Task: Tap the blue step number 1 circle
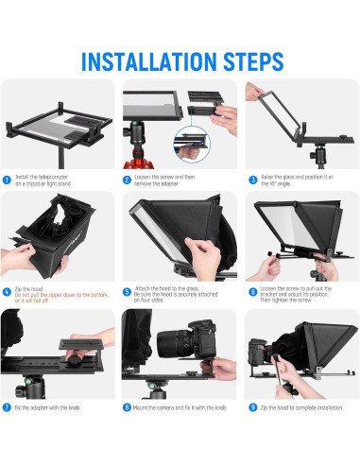pyautogui.click(x=8, y=179)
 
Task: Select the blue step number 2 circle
pyautogui.click(x=128, y=179)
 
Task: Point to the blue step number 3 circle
pyautogui.click(x=253, y=179)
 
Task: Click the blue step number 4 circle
pyautogui.click(x=8, y=293)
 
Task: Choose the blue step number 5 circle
pyautogui.click(x=128, y=293)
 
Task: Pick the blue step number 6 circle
pyautogui.click(x=253, y=293)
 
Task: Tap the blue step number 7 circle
pyautogui.click(x=8, y=407)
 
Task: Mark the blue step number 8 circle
pyautogui.click(x=128, y=407)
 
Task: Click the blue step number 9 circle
pyautogui.click(x=253, y=407)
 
